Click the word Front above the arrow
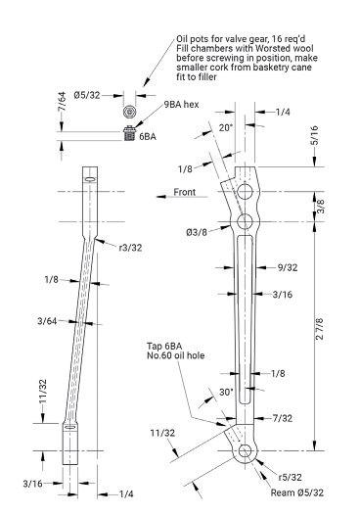pyautogui.click(x=185, y=192)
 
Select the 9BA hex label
pyautogui.click(x=182, y=105)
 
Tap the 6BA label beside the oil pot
pyautogui.click(x=148, y=137)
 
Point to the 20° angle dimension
pyautogui.click(x=226, y=127)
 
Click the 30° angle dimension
pyautogui.click(x=226, y=392)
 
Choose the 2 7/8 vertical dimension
pyautogui.click(x=319, y=328)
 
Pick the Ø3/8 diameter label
pyautogui.click(x=197, y=232)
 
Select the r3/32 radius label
pyautogui.click(x=131, y=248)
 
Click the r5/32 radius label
pyautogui.click(x=291, y=477)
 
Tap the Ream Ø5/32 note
pyautogui.click(x=297, y=492)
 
